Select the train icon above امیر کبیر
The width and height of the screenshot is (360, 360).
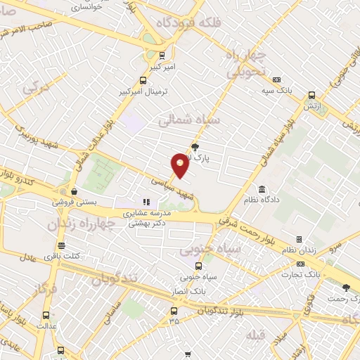coord(163,55)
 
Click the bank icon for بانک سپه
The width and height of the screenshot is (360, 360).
coord(278,80)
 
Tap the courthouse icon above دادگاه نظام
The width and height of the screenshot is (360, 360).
coord(262,188)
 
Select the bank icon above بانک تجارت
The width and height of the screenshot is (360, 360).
coord(301,264)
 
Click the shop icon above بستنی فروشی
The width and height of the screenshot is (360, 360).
coord(73,191)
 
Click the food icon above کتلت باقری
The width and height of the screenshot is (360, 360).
coord(62,246)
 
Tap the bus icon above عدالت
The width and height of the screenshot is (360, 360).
coord(46,315)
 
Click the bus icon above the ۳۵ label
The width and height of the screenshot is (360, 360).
coord(174,310)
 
